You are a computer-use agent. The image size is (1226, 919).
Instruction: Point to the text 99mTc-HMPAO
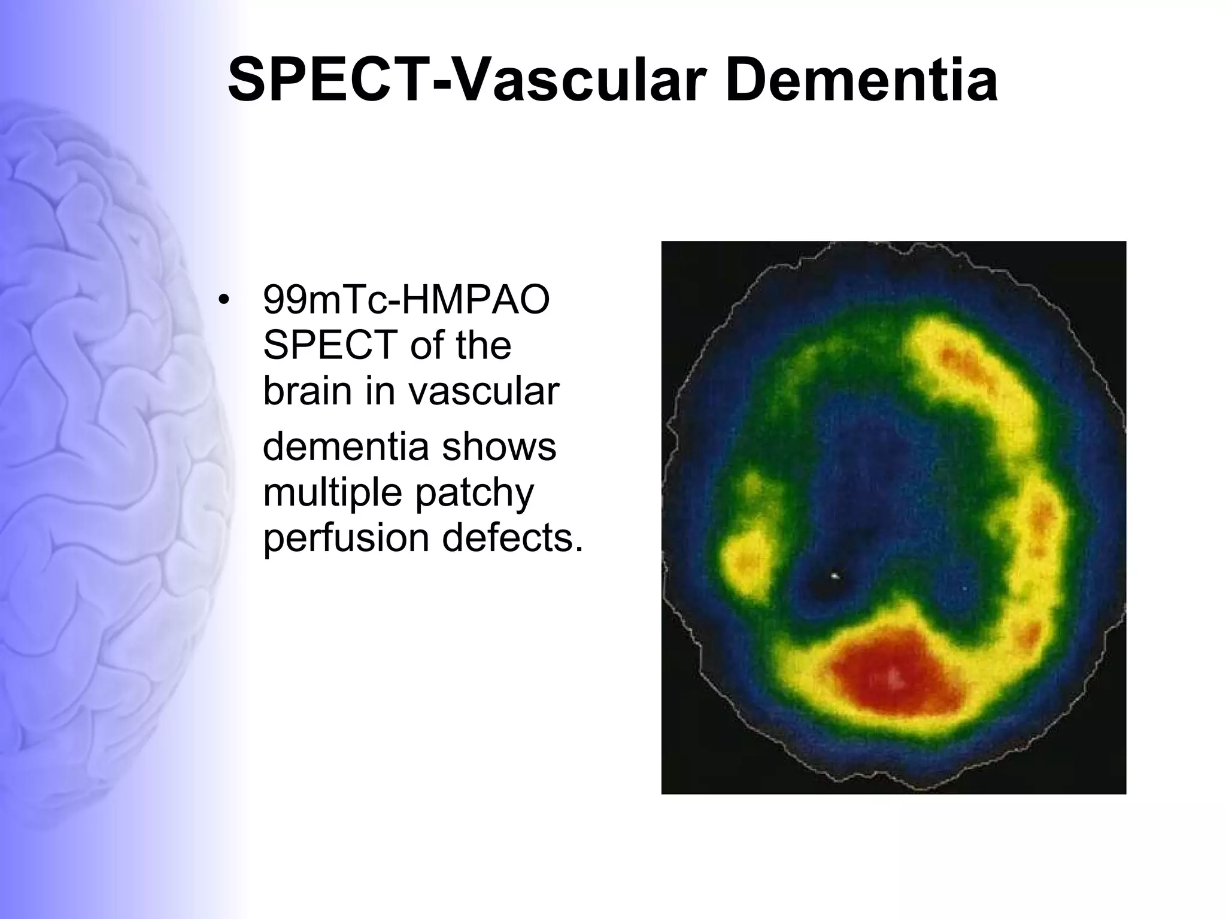(406, 300)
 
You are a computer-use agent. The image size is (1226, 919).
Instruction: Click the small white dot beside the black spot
(835, 577)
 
